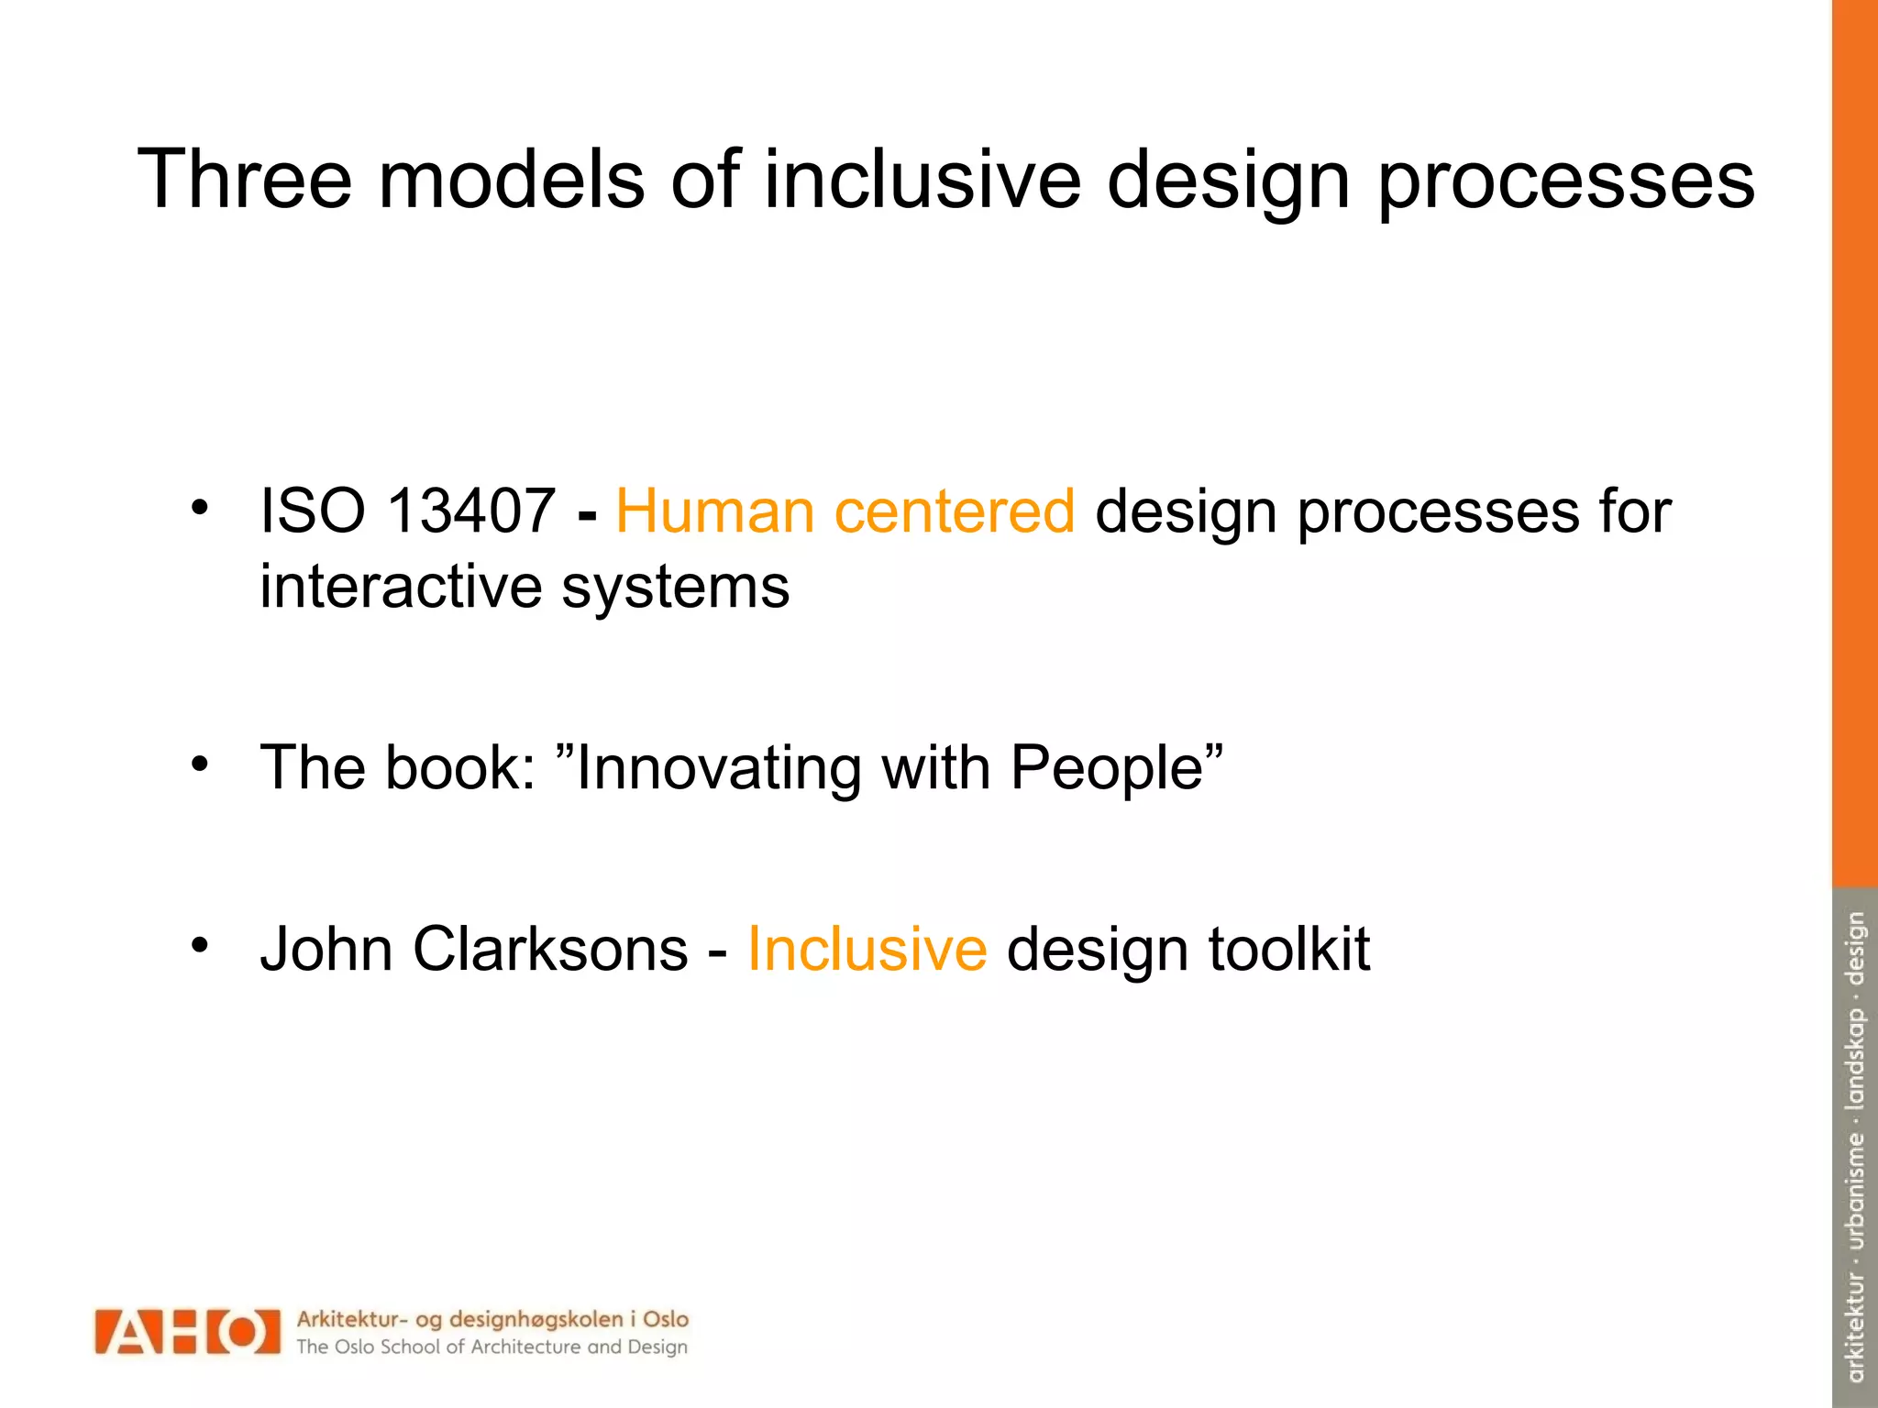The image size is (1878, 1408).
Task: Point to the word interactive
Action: [x=400, y=587]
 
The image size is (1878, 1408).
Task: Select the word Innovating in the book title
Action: [x=718, y=768]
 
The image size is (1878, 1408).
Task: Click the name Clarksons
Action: [x=550, y=949]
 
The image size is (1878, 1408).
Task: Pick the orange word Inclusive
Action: [x=867, y=949]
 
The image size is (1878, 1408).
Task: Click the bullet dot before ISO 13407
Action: [x=201, y=507]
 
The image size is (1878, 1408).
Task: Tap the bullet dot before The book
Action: [x=201, y=764]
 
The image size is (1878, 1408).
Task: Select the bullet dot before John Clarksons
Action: [x=201, y=944]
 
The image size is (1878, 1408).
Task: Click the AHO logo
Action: [x=187, y=1331]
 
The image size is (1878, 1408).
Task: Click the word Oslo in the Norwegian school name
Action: [x=666, y=1319]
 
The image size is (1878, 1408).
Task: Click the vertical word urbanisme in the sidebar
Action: [x=1855, y=1191]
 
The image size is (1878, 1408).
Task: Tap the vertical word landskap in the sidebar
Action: [x=1855, y=1059]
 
